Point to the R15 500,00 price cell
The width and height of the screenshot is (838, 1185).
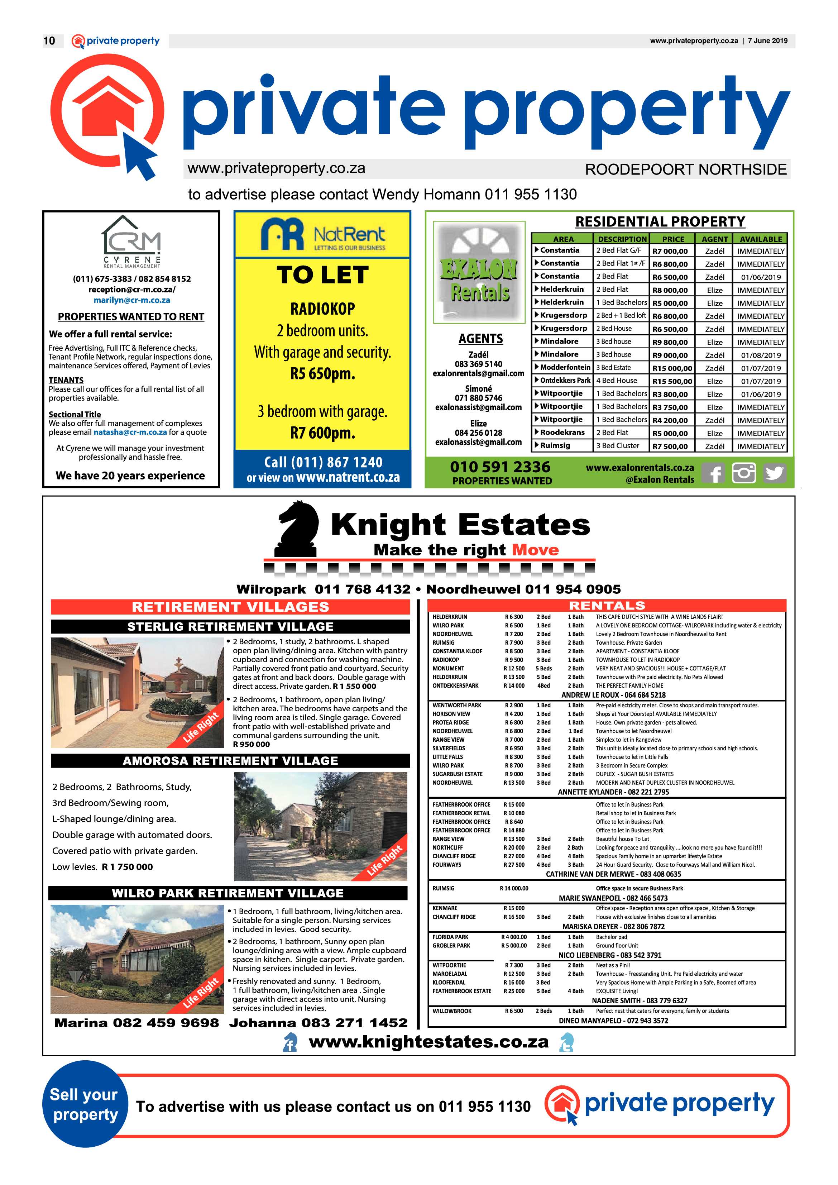672,381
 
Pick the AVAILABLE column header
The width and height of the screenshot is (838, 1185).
761,239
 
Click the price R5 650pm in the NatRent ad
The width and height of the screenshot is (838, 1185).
322,374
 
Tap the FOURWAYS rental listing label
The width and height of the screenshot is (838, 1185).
447,865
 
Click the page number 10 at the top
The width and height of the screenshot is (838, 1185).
49,41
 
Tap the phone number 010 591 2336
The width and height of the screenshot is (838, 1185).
500,467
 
